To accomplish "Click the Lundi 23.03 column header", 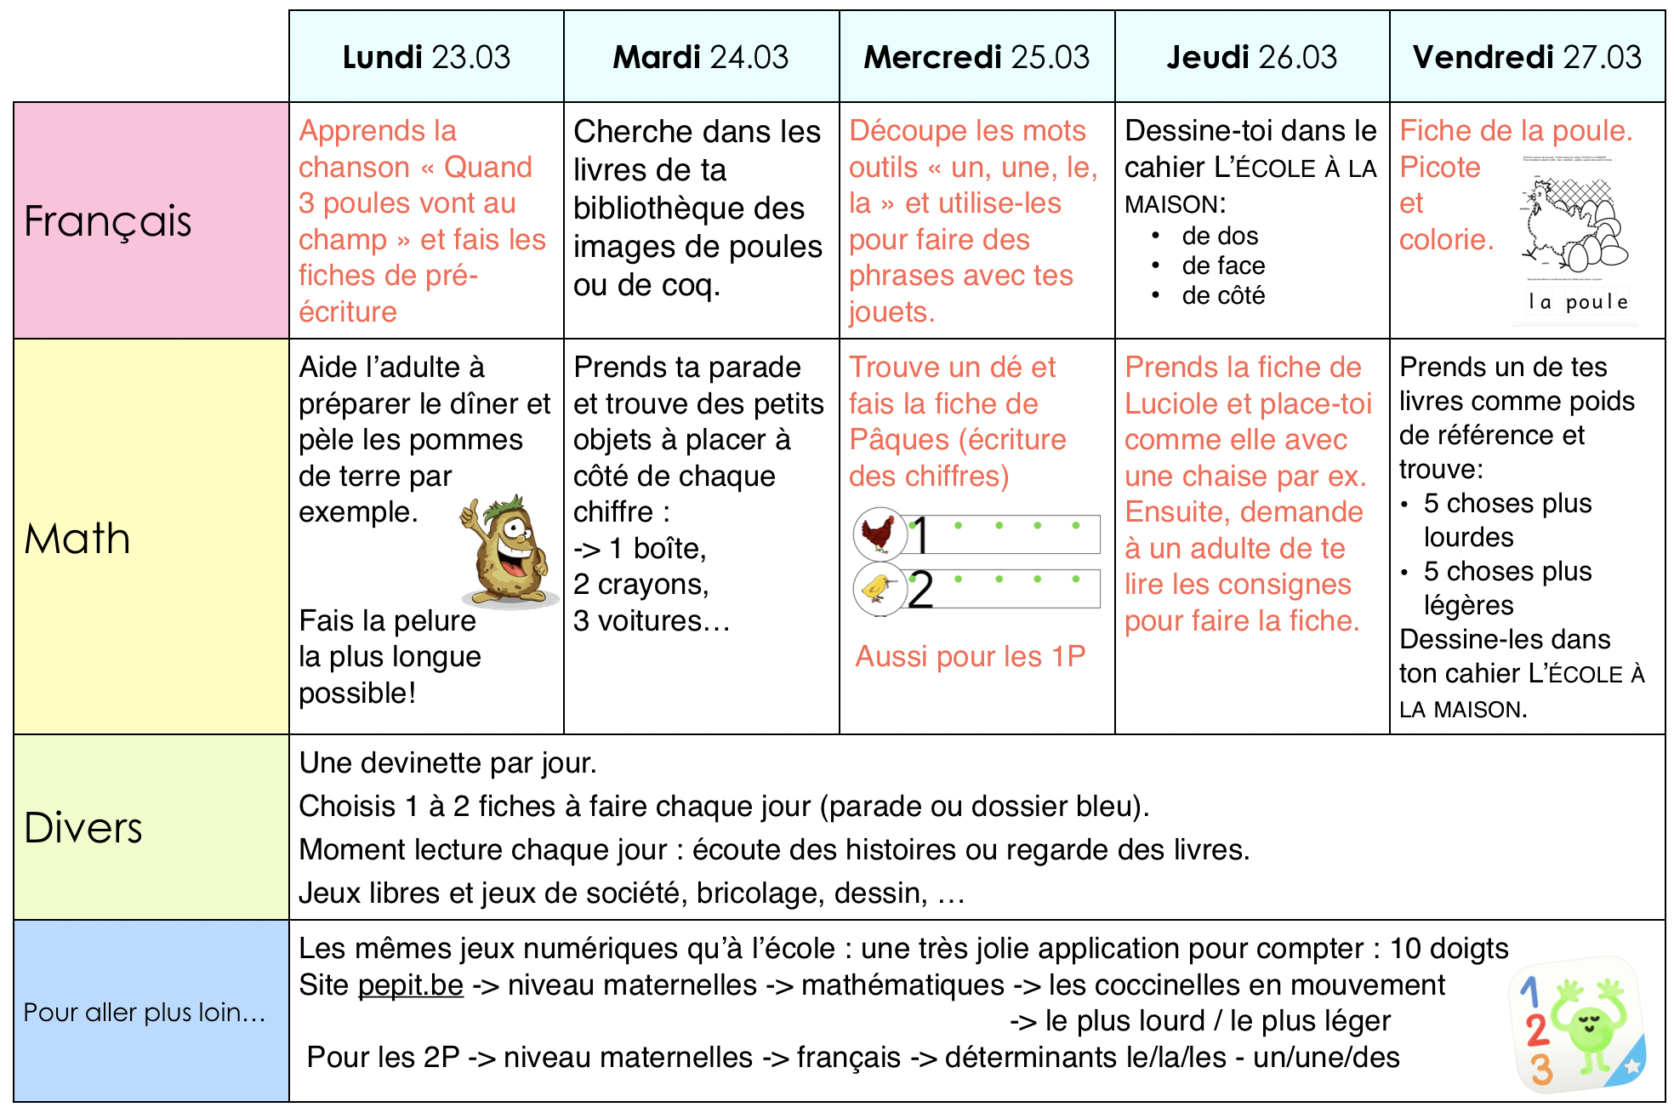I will coord(426,57).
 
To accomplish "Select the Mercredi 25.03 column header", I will coord(976,57).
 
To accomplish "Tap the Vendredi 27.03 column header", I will coord(1527,57).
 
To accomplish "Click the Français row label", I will coord(108,221).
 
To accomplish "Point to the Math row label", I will coord(77,539).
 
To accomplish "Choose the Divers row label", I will coord(83,828).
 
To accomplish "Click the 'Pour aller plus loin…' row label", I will coord(144,1012).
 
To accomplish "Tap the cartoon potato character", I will coord(506,551).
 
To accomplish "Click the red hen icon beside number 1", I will coord(879,534).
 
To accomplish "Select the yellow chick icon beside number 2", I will coord(878,587).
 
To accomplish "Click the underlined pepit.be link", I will coord(411,985).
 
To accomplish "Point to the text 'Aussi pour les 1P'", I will coord(971,657).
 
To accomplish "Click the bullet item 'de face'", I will coord(1223,265).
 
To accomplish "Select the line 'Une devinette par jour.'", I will coord(447,763).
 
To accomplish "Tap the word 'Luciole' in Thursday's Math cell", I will coord(1170,404).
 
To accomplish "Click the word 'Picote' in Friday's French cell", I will coord(1439,168).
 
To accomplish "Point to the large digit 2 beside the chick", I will coord(920,590).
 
